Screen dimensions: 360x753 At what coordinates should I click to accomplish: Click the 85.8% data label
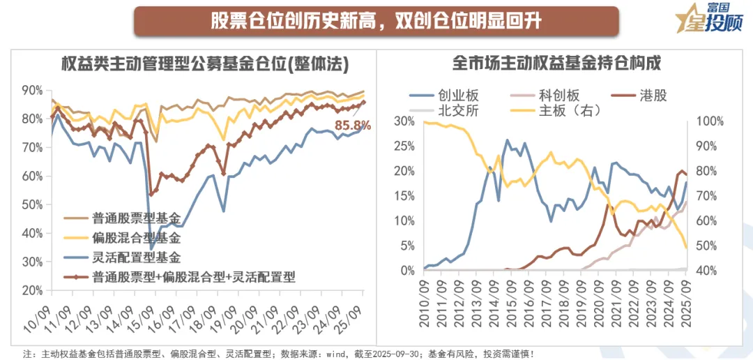pyautogui.click(x=352, y=126)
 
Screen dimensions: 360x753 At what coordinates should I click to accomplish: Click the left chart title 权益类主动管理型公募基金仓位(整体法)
pyautogui.click(x=204, y=63)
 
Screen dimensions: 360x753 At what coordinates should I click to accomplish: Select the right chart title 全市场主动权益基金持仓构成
pyautogui.click(x=556, y=63)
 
